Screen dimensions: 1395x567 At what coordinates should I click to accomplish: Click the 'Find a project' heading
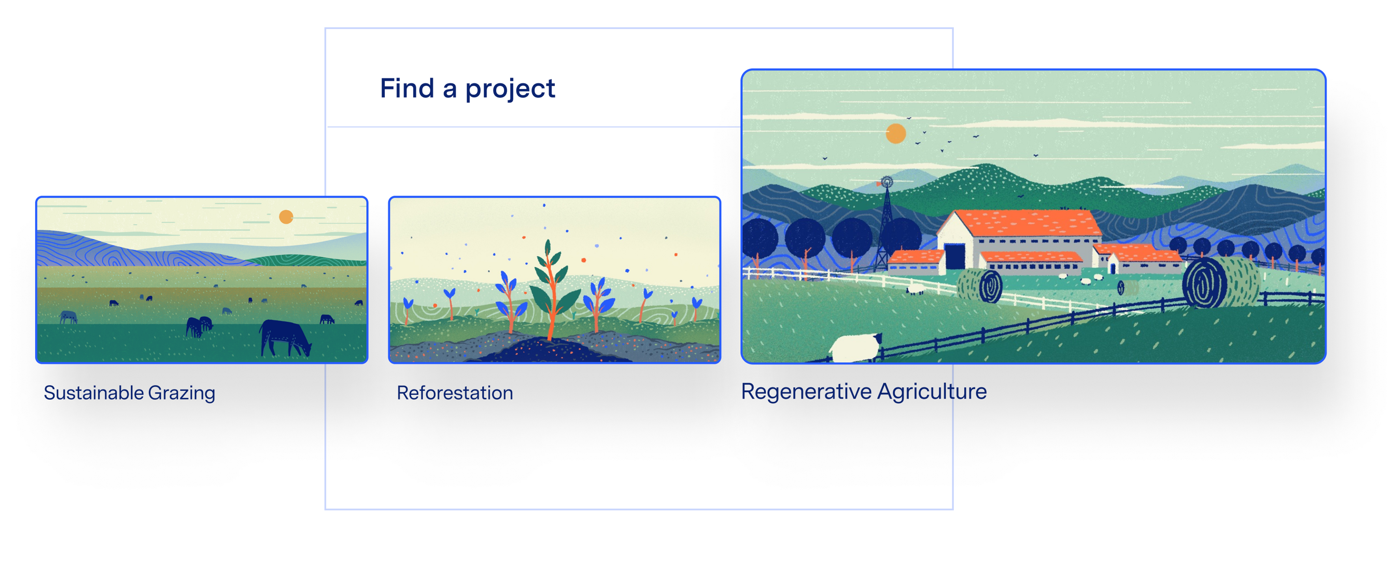click(467, 88)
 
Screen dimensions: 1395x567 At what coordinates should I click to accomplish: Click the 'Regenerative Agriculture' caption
click(864, 391)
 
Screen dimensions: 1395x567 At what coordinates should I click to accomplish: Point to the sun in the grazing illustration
click(286, 217)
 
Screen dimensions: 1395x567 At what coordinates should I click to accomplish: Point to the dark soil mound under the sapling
click(552, 350)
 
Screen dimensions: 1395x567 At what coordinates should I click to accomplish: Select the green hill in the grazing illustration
click(309, 260)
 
